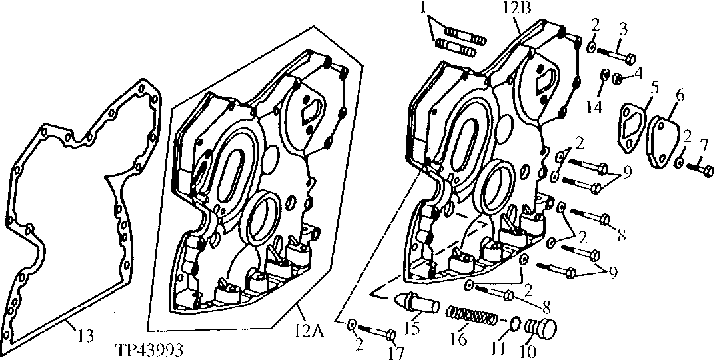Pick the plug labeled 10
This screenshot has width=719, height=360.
[x=540, y=329]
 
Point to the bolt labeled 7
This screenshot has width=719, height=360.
[x=699, y=165]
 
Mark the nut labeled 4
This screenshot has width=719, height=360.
[x=618, y=79]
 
